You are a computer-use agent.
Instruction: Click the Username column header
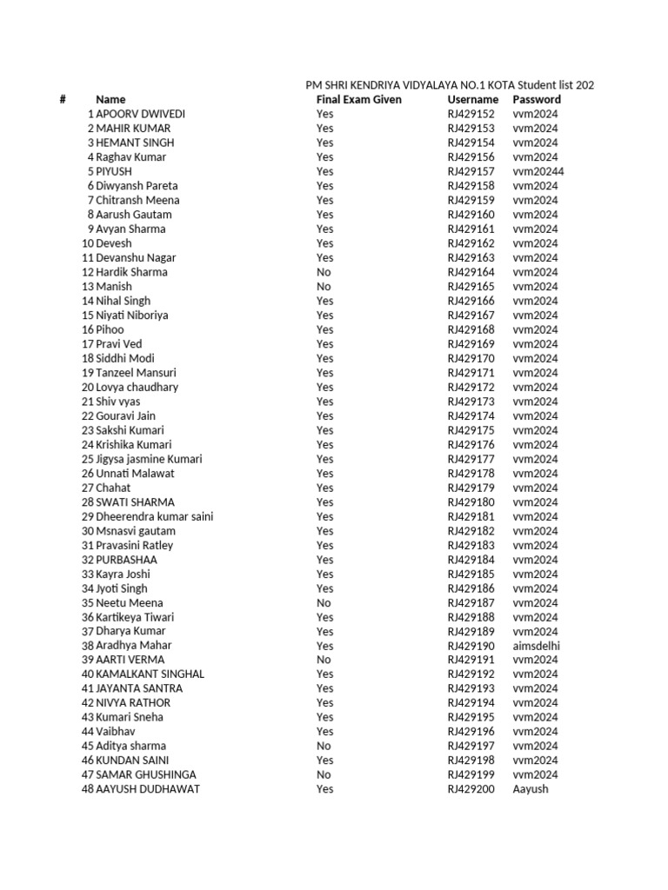point(472,100)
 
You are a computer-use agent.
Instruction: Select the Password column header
point(537,100)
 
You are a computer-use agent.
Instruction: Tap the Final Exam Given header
point(358,100)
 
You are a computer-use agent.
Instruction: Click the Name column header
point(110,100)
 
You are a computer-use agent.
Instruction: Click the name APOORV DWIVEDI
point(140,114)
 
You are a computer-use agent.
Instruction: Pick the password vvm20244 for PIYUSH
point(538,171)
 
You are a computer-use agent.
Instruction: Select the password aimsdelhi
point(536,646)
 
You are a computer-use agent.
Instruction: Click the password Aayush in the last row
point(531,789)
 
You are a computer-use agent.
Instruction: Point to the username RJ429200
point(471,789)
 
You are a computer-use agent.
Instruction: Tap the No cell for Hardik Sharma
point(324,272)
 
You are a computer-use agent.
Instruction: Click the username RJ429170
point(471,358)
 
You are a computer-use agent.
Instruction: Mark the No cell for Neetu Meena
point(324,602)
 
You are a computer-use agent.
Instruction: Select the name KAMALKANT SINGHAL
point(150,674)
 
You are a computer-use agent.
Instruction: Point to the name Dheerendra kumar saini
point(154,516)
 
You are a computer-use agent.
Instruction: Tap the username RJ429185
point(471,574)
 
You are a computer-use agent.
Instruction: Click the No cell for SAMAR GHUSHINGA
point(324,774)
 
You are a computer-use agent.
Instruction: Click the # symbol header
point(63,100)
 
